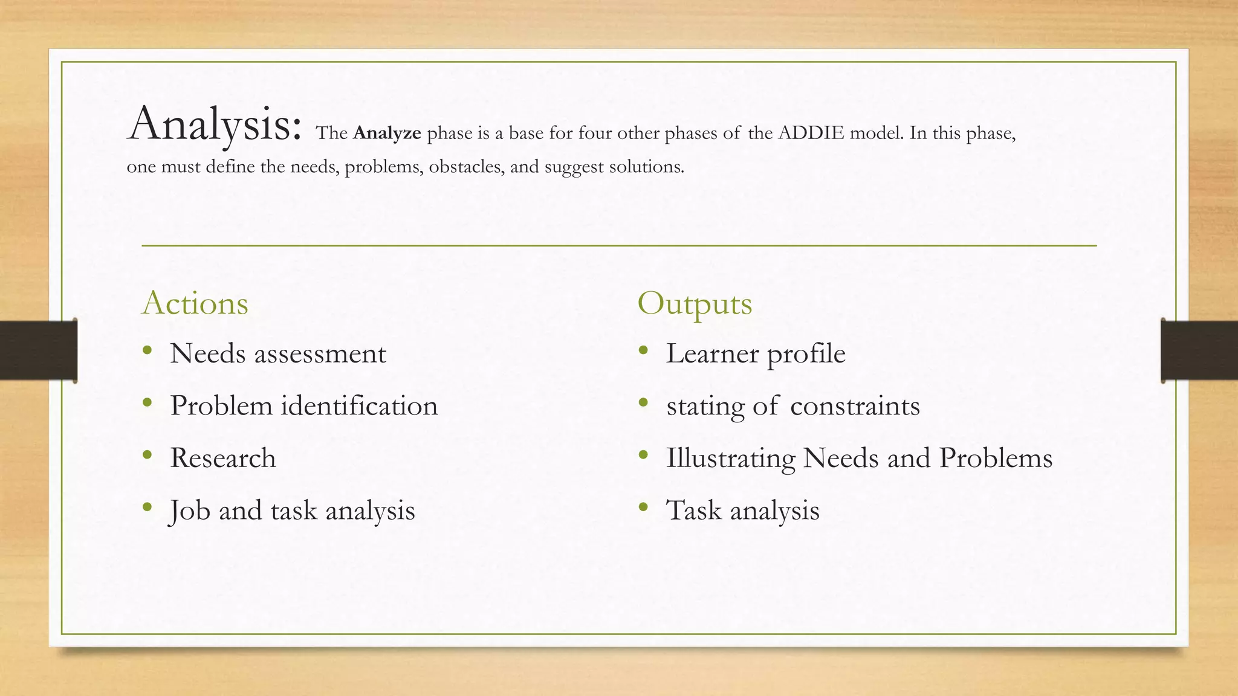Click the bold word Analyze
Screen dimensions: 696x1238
387,133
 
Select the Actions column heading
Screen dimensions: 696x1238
195,303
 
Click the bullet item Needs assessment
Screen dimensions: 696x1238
277,354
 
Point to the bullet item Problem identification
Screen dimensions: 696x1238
303,406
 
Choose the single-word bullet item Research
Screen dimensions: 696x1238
222,458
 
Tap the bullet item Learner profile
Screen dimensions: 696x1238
755,354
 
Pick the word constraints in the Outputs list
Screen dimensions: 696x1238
855,406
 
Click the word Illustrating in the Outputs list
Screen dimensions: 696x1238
730,459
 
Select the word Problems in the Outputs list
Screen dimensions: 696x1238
996,458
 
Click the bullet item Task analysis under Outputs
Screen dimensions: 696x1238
742,511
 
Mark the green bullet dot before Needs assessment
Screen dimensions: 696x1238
147,350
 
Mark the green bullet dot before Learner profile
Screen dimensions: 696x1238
643,350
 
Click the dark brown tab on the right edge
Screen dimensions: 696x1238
1199,350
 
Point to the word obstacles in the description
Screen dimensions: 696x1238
466,167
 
